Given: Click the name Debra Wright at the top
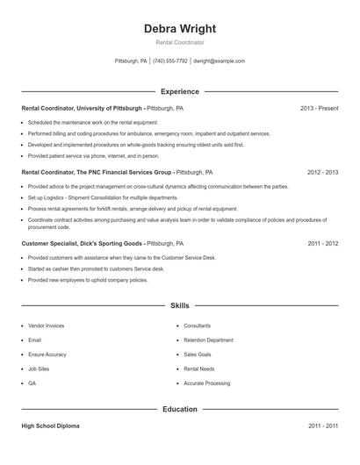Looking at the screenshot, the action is point(180,28).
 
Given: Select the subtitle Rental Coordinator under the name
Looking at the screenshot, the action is point(180,42).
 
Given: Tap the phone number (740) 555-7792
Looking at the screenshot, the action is point(170,61).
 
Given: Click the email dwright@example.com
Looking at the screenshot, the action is point(220,61).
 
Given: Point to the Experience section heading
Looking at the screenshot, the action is point(180,91).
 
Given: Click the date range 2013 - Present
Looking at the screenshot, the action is point(319,108).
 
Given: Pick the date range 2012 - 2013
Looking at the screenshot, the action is point(323,173).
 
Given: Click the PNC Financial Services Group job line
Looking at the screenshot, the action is point(117,173).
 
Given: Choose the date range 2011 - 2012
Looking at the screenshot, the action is point(323,242).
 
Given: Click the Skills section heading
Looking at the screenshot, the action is point(180,305).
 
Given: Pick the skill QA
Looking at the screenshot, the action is point(32,383).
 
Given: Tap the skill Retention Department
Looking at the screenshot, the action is point(208,340).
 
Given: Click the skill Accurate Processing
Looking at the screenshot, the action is point(207,383).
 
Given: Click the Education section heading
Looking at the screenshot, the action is point(180,409).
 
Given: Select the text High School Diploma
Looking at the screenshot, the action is point(51,426).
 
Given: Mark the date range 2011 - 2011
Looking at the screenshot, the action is point(323,426).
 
